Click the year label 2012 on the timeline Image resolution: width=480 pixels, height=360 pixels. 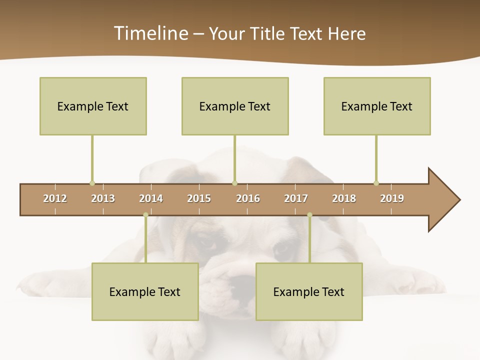[55, 198]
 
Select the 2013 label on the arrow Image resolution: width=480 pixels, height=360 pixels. [103, 198]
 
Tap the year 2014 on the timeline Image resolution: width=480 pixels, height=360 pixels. [151, 198]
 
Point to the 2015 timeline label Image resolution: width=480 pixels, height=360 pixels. [199, 198]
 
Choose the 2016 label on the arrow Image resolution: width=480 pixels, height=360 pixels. [248, 198]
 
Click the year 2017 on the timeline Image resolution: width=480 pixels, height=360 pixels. [296, 198]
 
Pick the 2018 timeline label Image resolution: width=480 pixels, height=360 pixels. [344, 198]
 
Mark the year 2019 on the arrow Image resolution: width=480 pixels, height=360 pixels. [392, 198]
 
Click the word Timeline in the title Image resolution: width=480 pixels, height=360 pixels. [150, 33]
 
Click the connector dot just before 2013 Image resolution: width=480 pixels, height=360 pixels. [92, 183]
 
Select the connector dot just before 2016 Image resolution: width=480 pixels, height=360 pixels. [234, 183]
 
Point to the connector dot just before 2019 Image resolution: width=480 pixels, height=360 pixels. [376, 183]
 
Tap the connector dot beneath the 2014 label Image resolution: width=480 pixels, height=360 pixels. [145, 215]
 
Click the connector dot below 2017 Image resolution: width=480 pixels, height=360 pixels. [309, 215]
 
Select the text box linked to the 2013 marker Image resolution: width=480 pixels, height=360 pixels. [93, 106]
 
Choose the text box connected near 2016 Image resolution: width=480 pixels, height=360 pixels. [235, 106]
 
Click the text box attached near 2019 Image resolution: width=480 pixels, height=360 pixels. [377, 106]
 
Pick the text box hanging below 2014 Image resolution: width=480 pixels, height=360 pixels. [145, 291]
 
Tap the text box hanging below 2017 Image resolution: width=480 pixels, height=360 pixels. [309, 291]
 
